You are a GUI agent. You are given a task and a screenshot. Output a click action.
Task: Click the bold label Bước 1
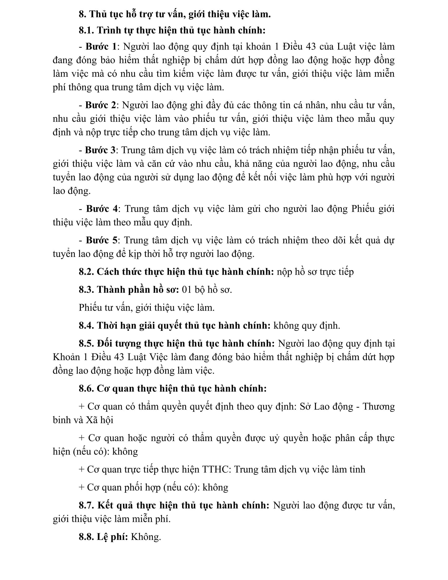[x=101, y=46]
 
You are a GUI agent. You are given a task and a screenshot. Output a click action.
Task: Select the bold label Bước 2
[x=100, y=105]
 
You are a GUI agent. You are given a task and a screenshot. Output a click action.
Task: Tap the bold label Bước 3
[x=100, y=150]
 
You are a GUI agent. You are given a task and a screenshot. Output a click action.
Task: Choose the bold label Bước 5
[x=101, y=240]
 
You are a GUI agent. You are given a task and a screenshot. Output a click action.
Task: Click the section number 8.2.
[x=86, y=272]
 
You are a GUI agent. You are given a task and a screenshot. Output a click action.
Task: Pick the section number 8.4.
[x=86, y=326]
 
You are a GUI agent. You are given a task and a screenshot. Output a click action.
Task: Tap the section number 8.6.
[x=86, y=389]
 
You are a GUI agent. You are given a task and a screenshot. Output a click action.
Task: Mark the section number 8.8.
[x=86, y=537]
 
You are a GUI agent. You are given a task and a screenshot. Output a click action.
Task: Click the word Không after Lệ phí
[x=146, y=537]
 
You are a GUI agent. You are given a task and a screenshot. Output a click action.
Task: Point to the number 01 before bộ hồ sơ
[x=187, y=289]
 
